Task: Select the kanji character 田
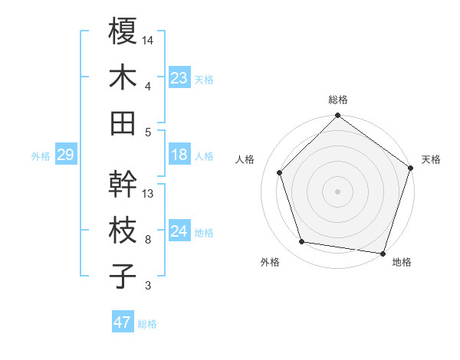[x=123, y=123]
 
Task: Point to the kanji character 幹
[x=123, y=185]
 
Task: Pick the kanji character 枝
[x=123, y=230]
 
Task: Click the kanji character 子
[x=123, y=276]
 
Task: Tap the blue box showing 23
[x=179, y=77]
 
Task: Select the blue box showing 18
[x=179, y=155]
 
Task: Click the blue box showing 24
[x=179, y=231]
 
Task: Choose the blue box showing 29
[x=65, y=155]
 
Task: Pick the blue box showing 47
[x=123, y=322]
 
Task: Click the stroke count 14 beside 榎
[x=149, y=39]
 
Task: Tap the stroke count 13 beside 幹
[x=149, y=193]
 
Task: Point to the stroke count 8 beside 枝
[x=148, y=239]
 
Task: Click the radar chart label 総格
[x=338, y=100]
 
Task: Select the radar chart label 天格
[x=431, y=159]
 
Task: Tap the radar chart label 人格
[x=245, y=159]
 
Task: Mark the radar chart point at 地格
[x=383, y=253]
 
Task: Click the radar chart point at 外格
[x=302, y=242]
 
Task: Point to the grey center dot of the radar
[x=338, y=191]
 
